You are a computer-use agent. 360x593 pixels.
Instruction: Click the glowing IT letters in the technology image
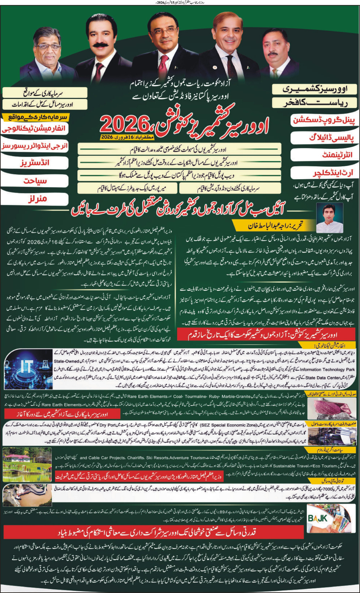pos(27,366)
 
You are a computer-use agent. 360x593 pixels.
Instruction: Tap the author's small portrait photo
pos(329,218)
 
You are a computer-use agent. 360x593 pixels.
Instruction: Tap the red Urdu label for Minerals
pos(38,199)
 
